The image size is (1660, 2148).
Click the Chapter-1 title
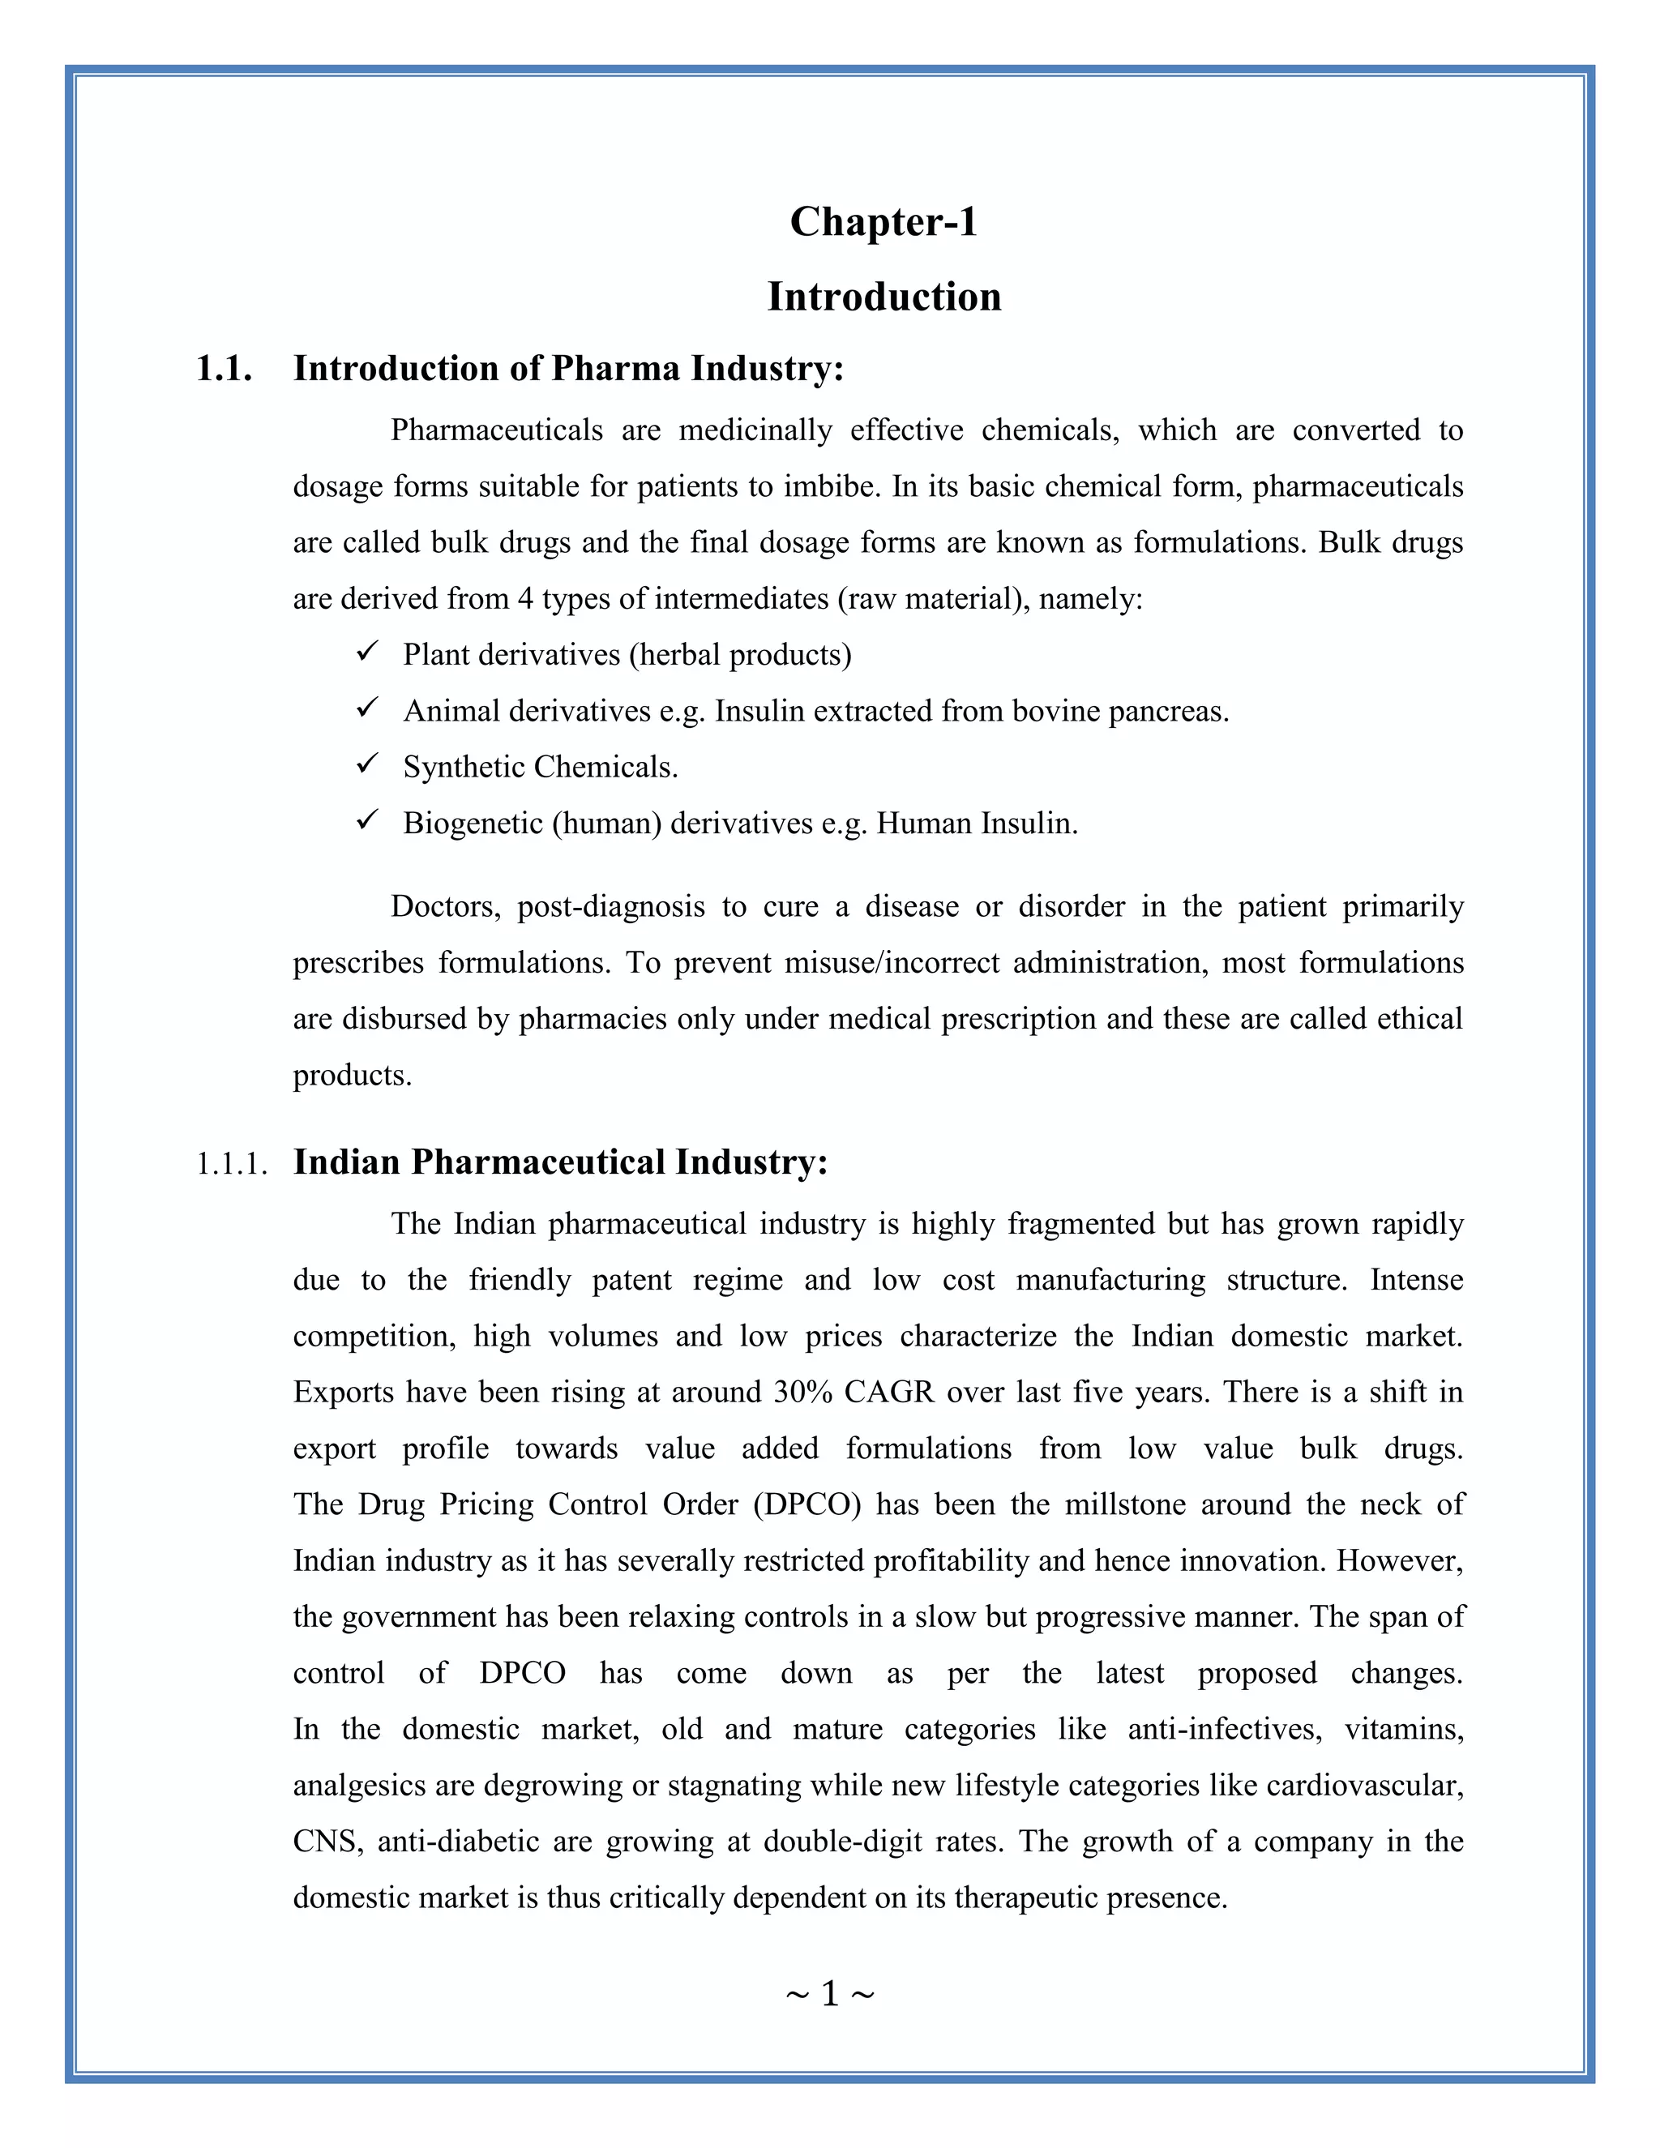pyautogui.click(x=883, y=222)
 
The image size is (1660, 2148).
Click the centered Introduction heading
pyautogui.click(x=883, y=297)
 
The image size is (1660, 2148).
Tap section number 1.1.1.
pyautogui.click(x=232, y=1165)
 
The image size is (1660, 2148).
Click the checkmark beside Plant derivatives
pyautogui.click(x=368, y=652)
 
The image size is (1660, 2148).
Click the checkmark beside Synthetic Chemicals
pyautogui.click(x=368, y=764)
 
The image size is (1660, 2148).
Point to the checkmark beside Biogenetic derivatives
pyautogui.click(x=368, y=820)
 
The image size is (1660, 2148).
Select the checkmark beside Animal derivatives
pyautogui.click(x=368, y=708)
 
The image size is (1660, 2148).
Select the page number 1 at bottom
pyautogui.click(x=829, y=1994)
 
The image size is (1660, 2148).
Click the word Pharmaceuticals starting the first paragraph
pyautogui.click(x=497, y=430)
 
